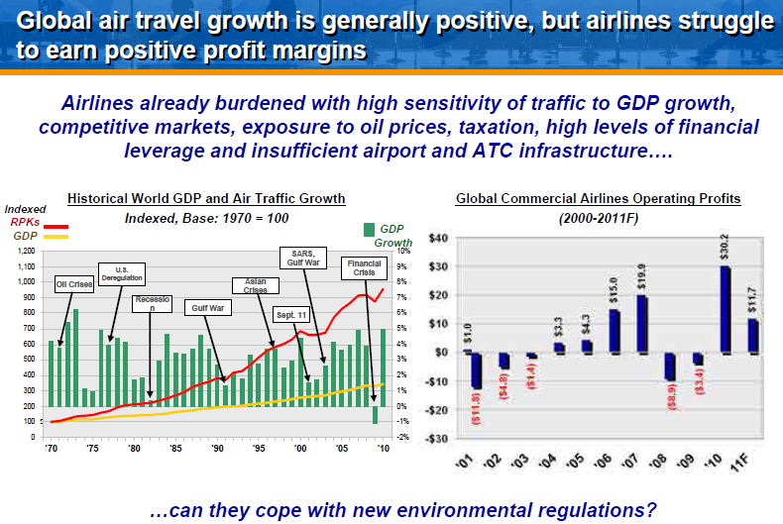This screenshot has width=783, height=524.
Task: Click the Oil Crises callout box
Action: pos(74,285)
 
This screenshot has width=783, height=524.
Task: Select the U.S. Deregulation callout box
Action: pos(122,273)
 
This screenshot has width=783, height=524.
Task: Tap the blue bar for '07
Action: pos(642,324)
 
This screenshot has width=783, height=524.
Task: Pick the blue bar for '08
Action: pos(670,367)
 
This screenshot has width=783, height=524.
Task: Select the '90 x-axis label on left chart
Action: pos(217,448)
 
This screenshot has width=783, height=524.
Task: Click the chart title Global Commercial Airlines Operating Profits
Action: pos(598,199)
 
